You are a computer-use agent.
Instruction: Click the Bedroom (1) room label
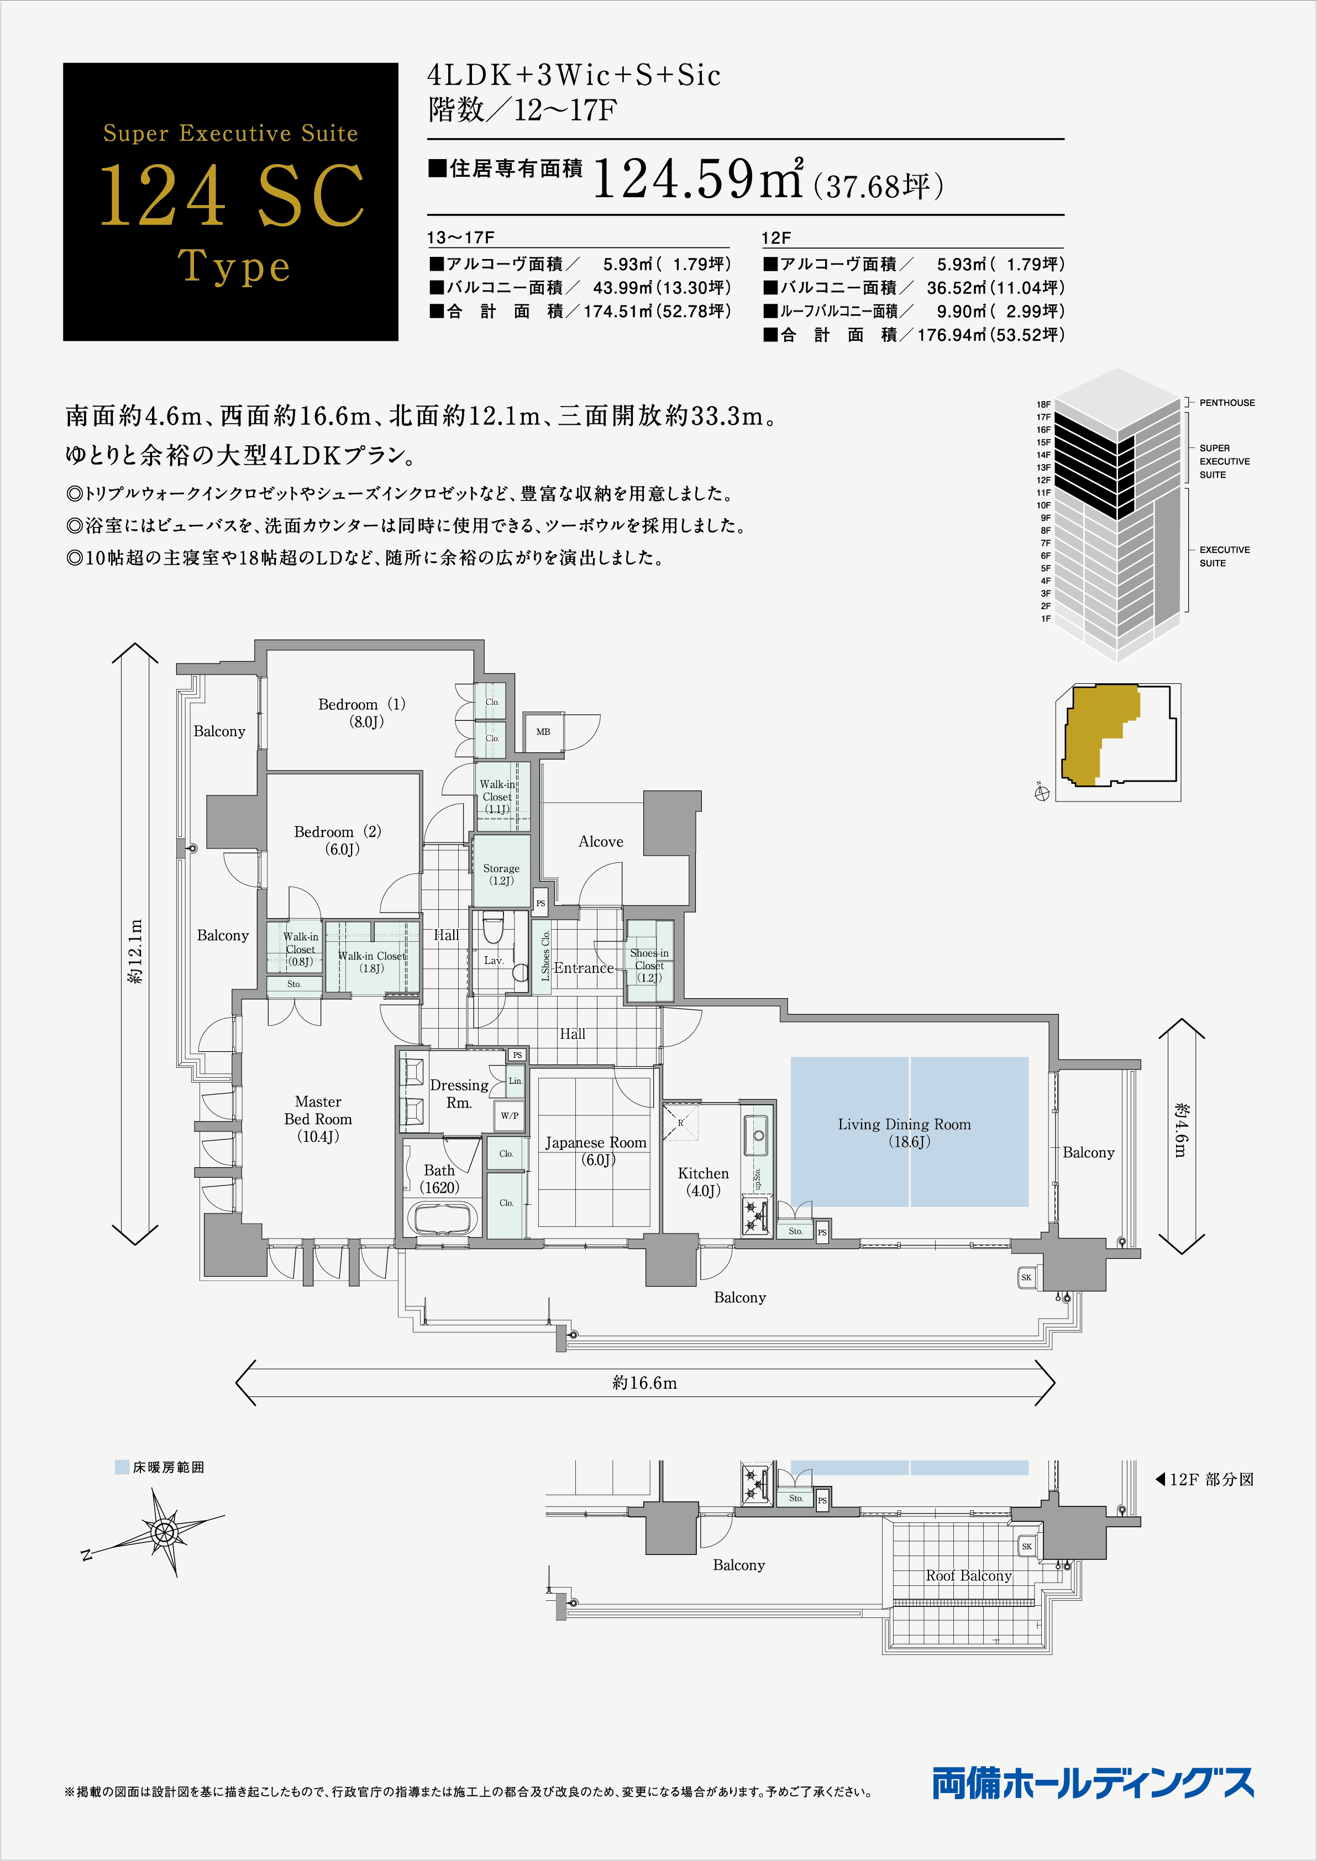pyautogui.click(x=361, y=713)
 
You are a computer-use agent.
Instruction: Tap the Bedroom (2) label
pyautogui.click(x=337, y=840)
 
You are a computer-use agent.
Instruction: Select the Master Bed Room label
pyautogui.click(x=318, y=1119)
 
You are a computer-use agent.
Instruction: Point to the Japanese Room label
pyautogui.click(x=596, y=1151)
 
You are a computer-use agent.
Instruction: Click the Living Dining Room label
pyautogui.click(x=904, y=1132)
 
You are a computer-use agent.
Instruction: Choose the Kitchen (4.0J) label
pyautogui.click(x=703, y=1182)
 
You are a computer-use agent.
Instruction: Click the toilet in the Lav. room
pyautogui.click(x=493, y=927)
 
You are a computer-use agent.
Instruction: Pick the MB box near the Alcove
pyautogui.click(x=543, y=732)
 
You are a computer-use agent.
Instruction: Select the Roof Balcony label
pyautogui.click(x=968, y=1575)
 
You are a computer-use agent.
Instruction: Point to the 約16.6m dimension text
pyautogui.click(x=645, y=1383)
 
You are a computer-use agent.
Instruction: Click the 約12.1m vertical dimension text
pyautogui.click(x=135, y=951)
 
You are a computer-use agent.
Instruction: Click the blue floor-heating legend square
pyautogui.click(x=123, y=1467)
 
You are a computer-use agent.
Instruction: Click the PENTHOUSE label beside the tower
pyautogui.click(x=1227, y=403)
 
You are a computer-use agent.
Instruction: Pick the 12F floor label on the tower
pyautogui.click(x=1043, y=480)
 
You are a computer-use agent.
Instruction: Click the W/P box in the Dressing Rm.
pyautogui.click(x=510, y=1115)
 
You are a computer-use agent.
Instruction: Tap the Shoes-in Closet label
pyautogui.click(x=649, y=964)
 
